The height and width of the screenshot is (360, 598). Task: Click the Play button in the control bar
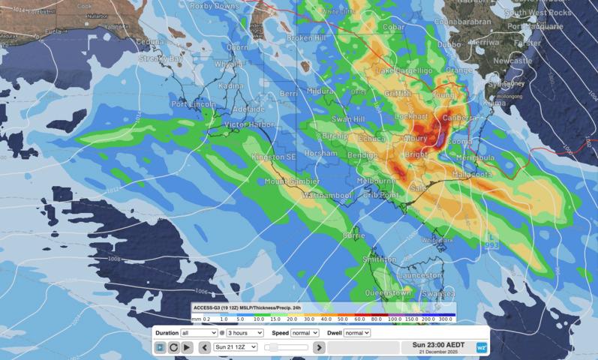(x=187, y=347)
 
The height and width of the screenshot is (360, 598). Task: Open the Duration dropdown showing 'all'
(x=199, y=332)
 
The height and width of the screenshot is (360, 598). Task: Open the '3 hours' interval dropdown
(x=245, y=332)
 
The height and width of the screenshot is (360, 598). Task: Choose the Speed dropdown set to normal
(x=305, y=332)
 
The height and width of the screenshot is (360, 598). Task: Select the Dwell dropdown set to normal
(x=356, y=332)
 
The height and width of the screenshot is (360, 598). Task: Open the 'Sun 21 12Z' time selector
(x=235, y=347)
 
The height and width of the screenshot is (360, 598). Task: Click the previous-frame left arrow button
(x=204, y=347)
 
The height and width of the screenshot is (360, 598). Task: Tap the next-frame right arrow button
(x=319, y=347)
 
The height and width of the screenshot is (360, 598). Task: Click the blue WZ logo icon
(x=482, y=348)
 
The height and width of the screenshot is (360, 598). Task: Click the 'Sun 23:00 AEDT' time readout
(x=437, y=345)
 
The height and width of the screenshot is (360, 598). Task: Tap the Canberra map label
(x=459, y=118)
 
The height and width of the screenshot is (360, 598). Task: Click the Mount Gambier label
(x=292, y=181)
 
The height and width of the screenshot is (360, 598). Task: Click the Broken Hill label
(x=307, y=37)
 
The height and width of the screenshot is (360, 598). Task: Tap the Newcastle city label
(x=512, y=60)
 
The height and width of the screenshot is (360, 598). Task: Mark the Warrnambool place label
(x=326, y=195)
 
